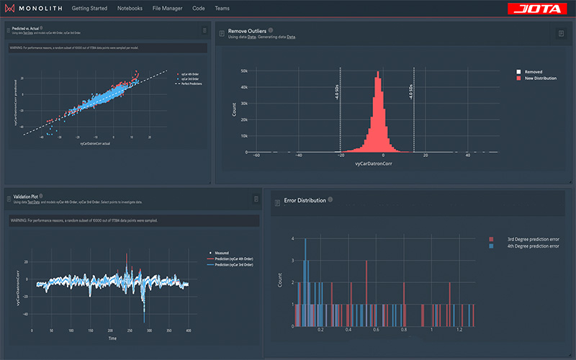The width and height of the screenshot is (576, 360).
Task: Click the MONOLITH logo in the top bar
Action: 34,9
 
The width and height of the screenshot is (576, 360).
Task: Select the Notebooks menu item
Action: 130,9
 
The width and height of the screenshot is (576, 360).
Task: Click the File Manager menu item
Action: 168,9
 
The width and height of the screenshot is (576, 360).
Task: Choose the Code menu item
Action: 199,9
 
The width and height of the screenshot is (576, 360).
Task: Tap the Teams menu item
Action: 222,9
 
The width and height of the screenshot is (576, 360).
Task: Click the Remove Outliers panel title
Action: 247,32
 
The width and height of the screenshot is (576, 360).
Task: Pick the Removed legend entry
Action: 533,72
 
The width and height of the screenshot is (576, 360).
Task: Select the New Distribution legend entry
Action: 540,78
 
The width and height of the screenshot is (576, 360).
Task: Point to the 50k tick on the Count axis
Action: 243,71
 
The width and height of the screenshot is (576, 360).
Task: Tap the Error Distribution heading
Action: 305,200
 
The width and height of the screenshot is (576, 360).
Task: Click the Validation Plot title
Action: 26,196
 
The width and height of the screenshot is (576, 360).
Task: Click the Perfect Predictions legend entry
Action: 189,84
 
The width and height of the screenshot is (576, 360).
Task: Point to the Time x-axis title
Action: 112,337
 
